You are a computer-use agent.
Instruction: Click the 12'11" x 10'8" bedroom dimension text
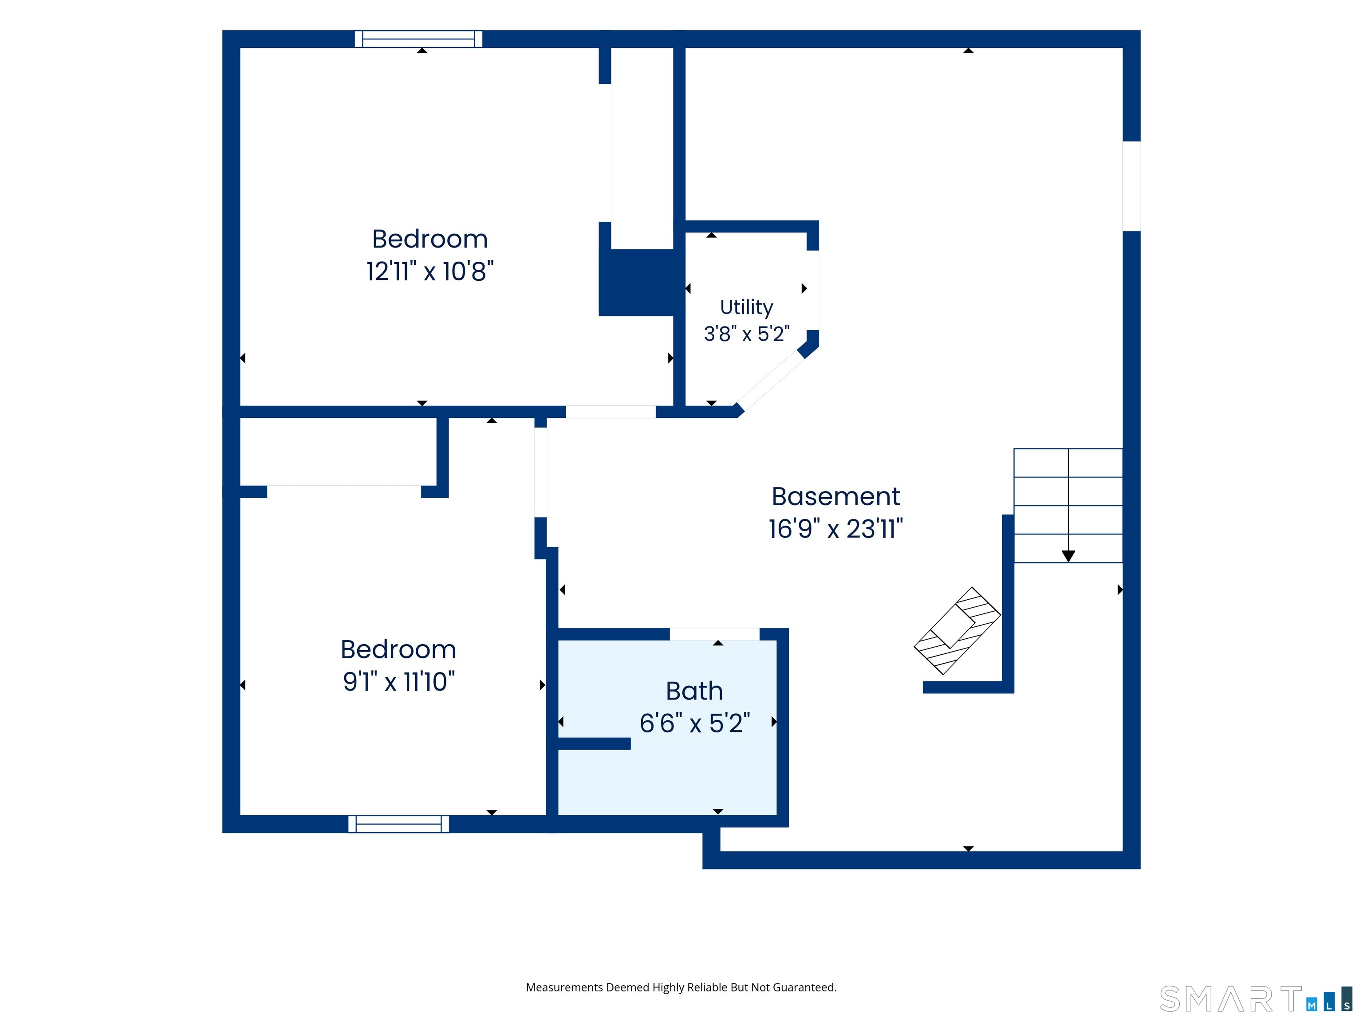(430, 271)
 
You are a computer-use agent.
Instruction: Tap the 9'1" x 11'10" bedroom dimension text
(399, 682)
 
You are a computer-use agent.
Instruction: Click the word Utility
(746, 307)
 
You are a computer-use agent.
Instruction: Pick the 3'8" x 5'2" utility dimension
(746, 334)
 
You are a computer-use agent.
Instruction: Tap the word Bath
(694, 691)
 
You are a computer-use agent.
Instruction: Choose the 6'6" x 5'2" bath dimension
(694, 723)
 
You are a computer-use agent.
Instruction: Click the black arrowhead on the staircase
(1068, 556)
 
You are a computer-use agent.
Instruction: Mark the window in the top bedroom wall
(418, 39)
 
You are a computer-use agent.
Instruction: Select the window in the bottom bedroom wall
(399, 824)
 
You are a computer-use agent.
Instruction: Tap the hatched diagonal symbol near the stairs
(957, 631)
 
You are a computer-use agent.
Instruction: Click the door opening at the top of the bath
(715, 634)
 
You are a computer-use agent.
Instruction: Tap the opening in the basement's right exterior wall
(1131, 186)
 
